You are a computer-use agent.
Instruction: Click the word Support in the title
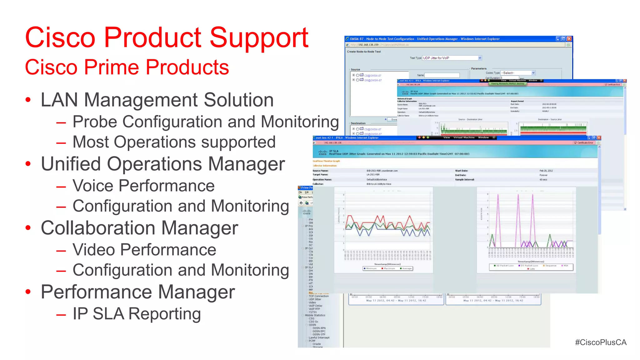tap(259, 38)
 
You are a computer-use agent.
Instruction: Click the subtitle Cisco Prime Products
tap(127, 67)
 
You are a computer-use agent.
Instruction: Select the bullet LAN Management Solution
tap(157, 100)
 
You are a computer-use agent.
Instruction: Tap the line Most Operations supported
tap(174, 142)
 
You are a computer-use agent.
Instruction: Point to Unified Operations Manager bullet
tap(163, 164)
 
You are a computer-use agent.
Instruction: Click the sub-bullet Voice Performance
tap(143, 186)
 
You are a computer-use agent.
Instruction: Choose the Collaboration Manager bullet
tap(139, 228)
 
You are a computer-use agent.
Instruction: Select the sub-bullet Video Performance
tap(144, 250)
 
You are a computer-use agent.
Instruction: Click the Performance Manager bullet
tap(137, 292)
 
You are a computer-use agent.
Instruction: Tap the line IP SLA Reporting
tap(137, 314)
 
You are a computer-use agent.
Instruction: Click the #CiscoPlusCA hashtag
tap(601, 342)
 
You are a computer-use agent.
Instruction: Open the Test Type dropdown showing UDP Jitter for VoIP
tap(452, 58)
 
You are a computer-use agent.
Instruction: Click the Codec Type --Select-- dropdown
tap(518, 73)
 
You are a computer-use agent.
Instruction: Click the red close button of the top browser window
tap(569, 39)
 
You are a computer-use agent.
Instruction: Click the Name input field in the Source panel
tap(442, 75)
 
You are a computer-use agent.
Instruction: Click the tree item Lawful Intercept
tap(319, 337)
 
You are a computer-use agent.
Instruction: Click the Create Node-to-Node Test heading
tap(364, 52)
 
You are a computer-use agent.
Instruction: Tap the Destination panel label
tap(358, 123)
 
